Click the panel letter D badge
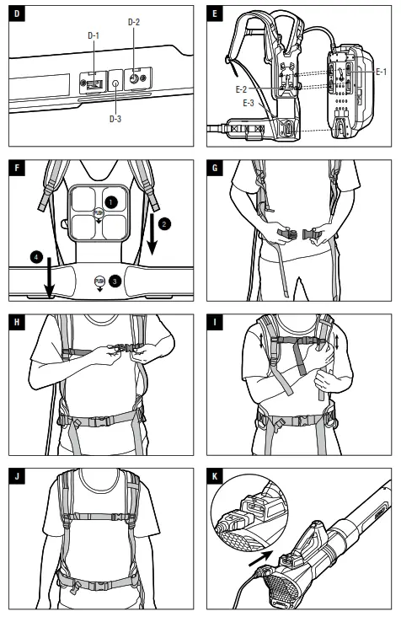pos(17,13)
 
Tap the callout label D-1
pos(94,35)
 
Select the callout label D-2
pos(134,22)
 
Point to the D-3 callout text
pos(115,118)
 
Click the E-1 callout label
pos(381,72)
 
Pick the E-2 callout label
pos(241,89)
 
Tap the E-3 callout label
pos(249,103)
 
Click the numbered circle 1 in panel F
pos(110,202)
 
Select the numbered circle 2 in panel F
pos(164,223)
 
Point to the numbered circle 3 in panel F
pos(115,282)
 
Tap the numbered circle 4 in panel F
pos(36,257)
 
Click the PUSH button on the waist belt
pos(99,282)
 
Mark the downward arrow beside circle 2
pos(152,234)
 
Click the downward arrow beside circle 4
pos(49,277)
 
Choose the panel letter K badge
pos(215,476)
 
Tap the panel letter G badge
pos(215,168)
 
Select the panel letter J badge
pos(17,476)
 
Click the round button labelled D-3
pos(115,83)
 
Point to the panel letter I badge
pos(215,322)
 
